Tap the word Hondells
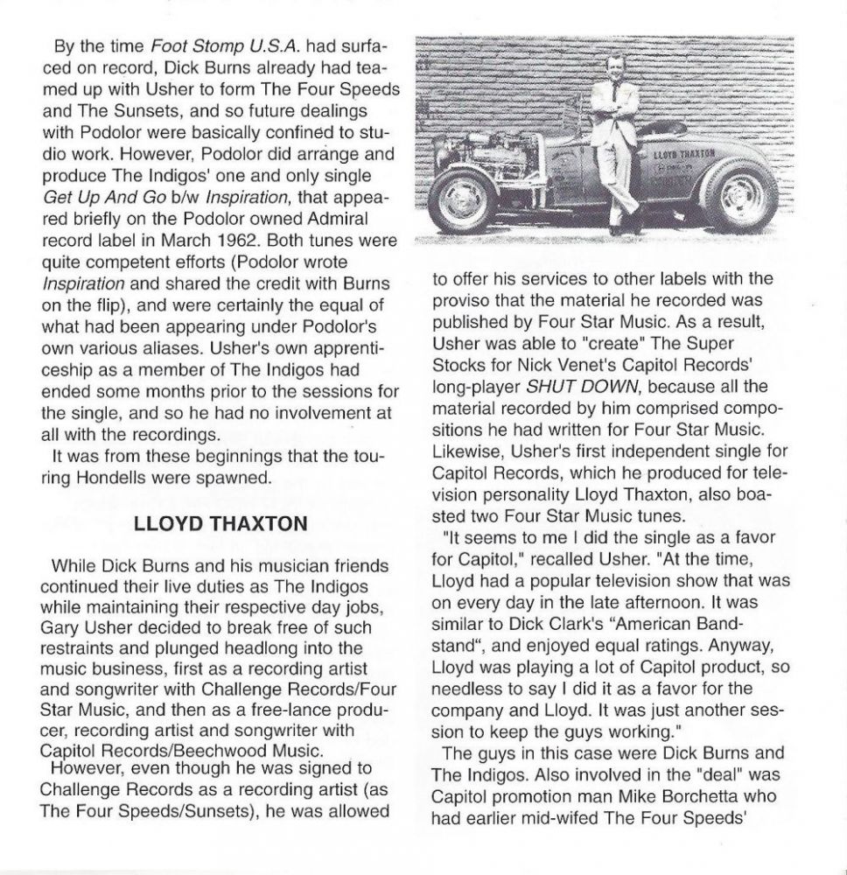click(x=113, y=477)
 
